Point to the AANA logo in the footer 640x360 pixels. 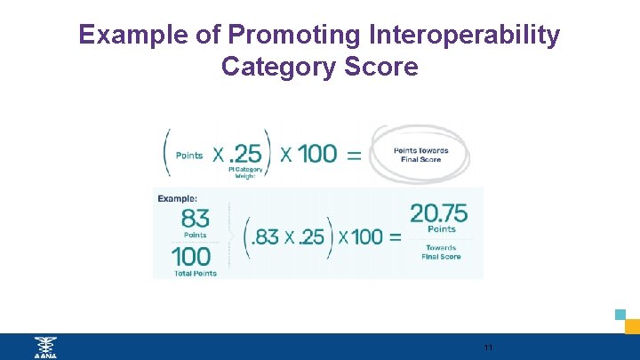tap(44, 347)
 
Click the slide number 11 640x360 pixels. tap(488, 347)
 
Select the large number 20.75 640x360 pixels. tap(439, 213)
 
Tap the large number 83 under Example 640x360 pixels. tap(196, 219)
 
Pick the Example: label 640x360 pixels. tap(178, 198)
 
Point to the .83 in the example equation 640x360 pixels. tap(266, 237)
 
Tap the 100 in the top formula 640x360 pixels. tap(317, 153)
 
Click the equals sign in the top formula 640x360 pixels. tap(354, 154)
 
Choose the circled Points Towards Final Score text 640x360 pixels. tap(421, 155)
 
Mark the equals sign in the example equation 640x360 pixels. tap(393, 237)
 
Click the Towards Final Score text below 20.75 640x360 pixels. tap(440, 252)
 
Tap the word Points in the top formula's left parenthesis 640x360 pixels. tap(188, 155)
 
